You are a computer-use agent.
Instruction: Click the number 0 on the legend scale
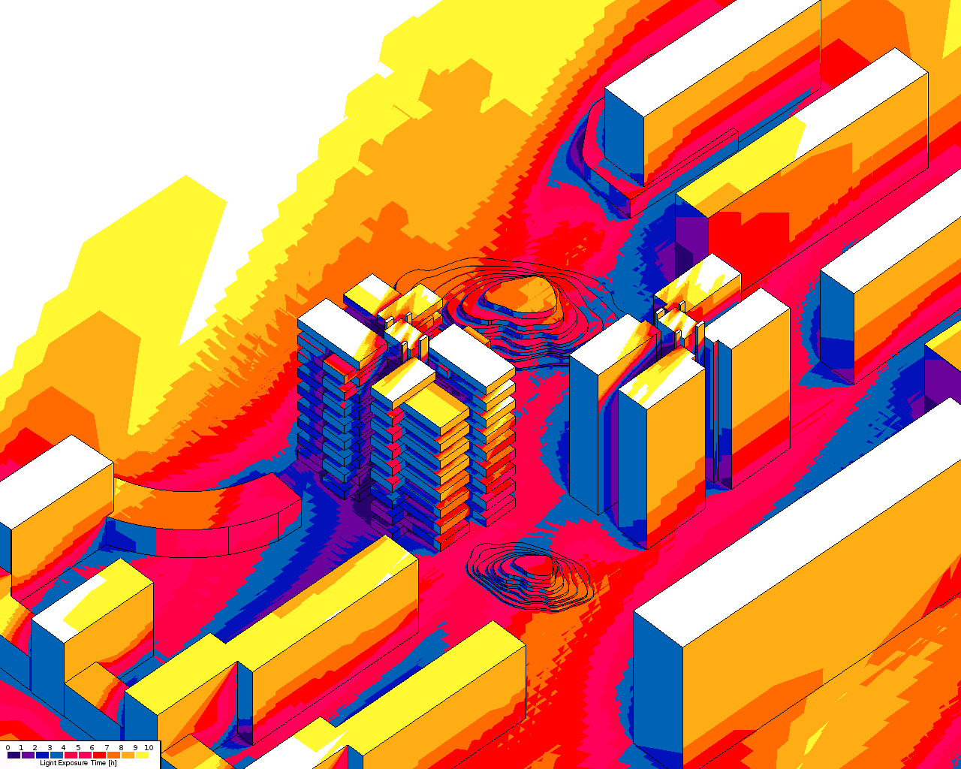(x=8, y=747)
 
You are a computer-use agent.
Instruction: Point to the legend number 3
(x=50, y=747)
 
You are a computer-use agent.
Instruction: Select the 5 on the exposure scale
(x=78, y=747)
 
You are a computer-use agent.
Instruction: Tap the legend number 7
(x=107, y=747)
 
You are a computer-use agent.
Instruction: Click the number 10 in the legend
(x=149, y=747)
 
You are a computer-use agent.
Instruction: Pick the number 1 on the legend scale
(x=21, y=747)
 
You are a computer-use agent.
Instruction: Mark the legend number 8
(x=121, y=747)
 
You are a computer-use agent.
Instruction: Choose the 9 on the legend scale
(x=135, y=747)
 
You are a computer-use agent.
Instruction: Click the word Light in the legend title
(x=48, y=763)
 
